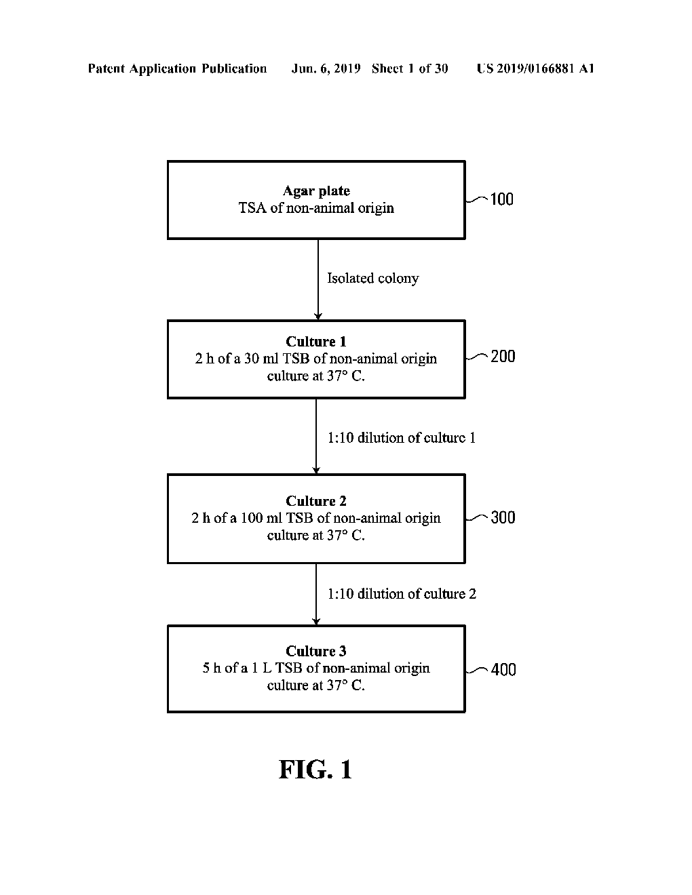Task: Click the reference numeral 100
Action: pos(501,199)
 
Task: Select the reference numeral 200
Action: pos(503,357)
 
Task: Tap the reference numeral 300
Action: pos(503,518)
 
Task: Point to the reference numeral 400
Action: pos(503,670)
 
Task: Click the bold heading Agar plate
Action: pos(316,191)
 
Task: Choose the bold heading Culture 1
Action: pos(316,342)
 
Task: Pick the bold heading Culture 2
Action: pos(316,501)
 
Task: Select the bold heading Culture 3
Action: pos(316,651)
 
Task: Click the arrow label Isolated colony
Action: pos(372,279)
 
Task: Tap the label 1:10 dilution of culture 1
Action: pos(402,438)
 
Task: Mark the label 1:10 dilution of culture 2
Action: pos(402,594)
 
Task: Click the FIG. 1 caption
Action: pos(315,770)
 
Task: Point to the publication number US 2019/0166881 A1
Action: pos(535,68)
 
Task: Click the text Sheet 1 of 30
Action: pos(410,68)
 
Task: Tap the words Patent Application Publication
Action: pos(177,68)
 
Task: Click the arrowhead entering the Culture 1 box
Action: pos(318,316)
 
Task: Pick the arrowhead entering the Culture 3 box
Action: pos(316,621)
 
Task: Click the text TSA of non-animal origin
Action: pos(316,208)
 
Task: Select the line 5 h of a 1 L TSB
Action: pos(316,668)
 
